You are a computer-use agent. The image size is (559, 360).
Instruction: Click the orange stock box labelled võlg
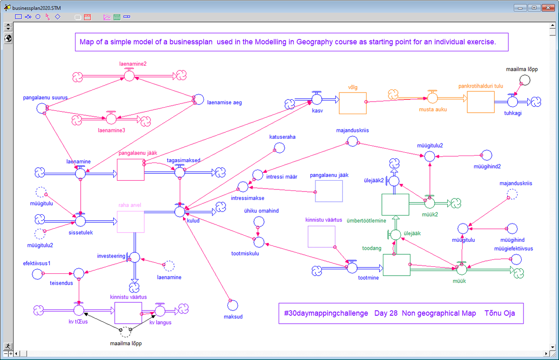coord(353,103)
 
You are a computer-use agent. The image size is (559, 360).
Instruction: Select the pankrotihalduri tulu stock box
coord(481,102)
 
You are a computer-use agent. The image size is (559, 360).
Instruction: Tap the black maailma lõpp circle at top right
coord(525,80)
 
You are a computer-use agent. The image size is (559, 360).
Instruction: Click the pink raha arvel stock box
coord(130,222)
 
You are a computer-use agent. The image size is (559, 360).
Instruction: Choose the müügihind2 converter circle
coord(486,155)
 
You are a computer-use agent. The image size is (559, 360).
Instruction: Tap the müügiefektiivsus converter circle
coord(516,259)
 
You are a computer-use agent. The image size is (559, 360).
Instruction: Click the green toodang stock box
coord(396,265)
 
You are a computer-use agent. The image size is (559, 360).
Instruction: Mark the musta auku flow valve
coord(433,98)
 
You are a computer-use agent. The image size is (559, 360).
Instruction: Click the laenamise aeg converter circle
coord(198,99)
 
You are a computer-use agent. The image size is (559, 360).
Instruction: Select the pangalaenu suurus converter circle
coord(41,109)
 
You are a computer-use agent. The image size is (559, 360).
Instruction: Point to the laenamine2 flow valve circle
coord(129,75)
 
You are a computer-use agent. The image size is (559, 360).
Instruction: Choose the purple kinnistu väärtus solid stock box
coord(128,312)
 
